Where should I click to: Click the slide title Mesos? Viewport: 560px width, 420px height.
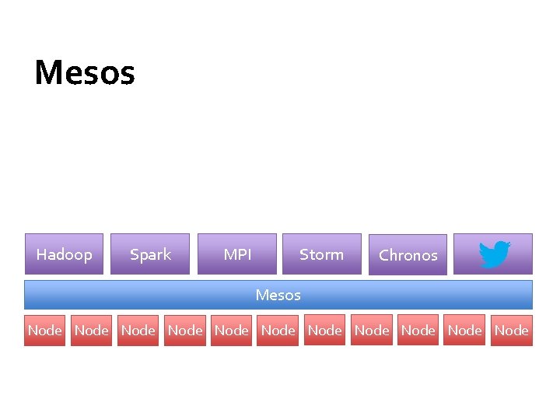85,73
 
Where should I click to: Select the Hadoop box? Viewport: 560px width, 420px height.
64,254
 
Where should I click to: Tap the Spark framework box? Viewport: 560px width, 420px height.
150,254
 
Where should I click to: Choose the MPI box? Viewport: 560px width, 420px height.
236,254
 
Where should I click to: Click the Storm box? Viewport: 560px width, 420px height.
321,254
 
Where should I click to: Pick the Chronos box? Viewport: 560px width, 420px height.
408,255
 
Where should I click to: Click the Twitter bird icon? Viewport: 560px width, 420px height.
494,254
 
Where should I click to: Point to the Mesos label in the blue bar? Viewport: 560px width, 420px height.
278,295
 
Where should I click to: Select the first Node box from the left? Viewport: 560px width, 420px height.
45,330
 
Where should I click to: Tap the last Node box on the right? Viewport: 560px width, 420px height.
512,330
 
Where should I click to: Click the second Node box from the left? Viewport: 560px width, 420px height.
92,330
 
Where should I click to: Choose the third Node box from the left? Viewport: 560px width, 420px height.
138,330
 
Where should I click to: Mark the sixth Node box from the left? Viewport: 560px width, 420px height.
278,330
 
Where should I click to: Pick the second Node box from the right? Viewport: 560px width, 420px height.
465,330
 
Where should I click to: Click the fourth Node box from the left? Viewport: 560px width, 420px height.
185,330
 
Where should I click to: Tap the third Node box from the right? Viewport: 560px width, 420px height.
418,330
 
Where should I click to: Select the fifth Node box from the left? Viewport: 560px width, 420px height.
232,330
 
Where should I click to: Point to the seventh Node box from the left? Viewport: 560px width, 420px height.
325,330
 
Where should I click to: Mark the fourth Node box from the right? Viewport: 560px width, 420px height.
372,330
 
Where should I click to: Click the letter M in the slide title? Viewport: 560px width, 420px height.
48,73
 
